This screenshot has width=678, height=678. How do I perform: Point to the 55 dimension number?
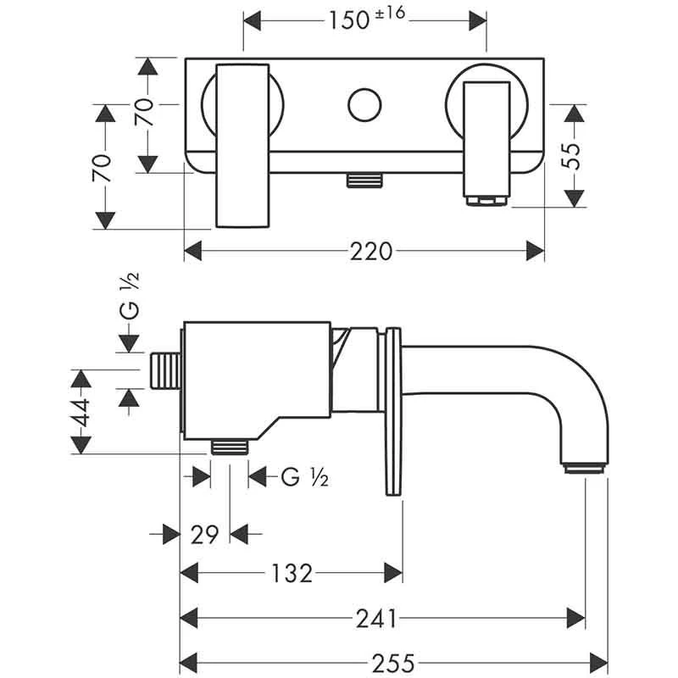tap(575, 156)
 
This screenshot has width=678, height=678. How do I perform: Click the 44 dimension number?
tap(81, 413)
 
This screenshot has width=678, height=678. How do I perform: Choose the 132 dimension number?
tap(292, 574)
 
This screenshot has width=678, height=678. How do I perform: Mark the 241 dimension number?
tap(376, 620)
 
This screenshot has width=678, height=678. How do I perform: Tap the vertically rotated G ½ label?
tap(129, 297)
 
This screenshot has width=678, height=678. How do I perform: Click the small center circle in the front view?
tap(365, 105)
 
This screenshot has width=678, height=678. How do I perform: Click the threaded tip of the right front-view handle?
tap(487, 200)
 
